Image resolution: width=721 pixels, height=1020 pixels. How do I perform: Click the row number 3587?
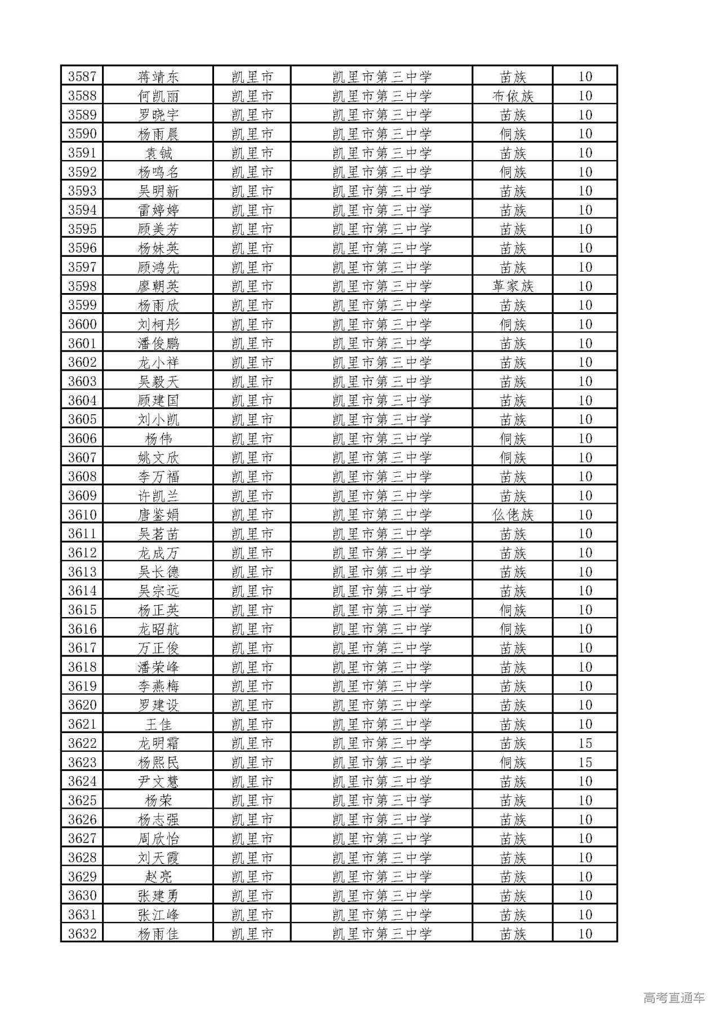click(82, 76)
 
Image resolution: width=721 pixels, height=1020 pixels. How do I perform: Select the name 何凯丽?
click(158, 96)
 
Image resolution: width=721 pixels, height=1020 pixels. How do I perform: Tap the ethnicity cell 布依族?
click(512, 96)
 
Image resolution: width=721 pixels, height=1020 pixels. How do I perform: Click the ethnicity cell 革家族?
click(512, 286)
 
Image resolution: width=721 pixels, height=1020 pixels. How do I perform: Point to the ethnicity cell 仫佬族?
click(512, 515)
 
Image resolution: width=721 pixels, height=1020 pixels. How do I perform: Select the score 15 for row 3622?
click(585, 743)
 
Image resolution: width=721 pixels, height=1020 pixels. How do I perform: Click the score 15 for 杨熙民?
click(585, 762)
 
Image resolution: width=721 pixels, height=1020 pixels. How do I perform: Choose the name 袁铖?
click(158, 153)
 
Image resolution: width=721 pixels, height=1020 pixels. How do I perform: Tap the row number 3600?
click(82, 324)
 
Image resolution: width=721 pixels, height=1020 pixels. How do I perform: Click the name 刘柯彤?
click(158, 324)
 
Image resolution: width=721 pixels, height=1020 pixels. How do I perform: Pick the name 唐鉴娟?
click(158, 515)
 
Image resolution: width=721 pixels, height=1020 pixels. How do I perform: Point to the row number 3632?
click(82, 934)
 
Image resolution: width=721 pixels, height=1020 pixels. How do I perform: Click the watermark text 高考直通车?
click(674, 998)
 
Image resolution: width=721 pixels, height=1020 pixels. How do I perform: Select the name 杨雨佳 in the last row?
click(158, 934)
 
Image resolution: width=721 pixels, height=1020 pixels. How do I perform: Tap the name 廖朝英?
click(158, 286)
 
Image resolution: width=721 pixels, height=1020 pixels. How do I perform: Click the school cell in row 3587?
click(381, 76)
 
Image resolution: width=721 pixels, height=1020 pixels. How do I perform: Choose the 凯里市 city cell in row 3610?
click(252, 515)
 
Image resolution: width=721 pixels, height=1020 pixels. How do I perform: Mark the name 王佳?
click(158, 724)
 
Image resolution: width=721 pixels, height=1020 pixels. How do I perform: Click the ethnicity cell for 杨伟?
click(512, 438)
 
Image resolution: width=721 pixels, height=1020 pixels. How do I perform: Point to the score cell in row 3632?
click(585, 934)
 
